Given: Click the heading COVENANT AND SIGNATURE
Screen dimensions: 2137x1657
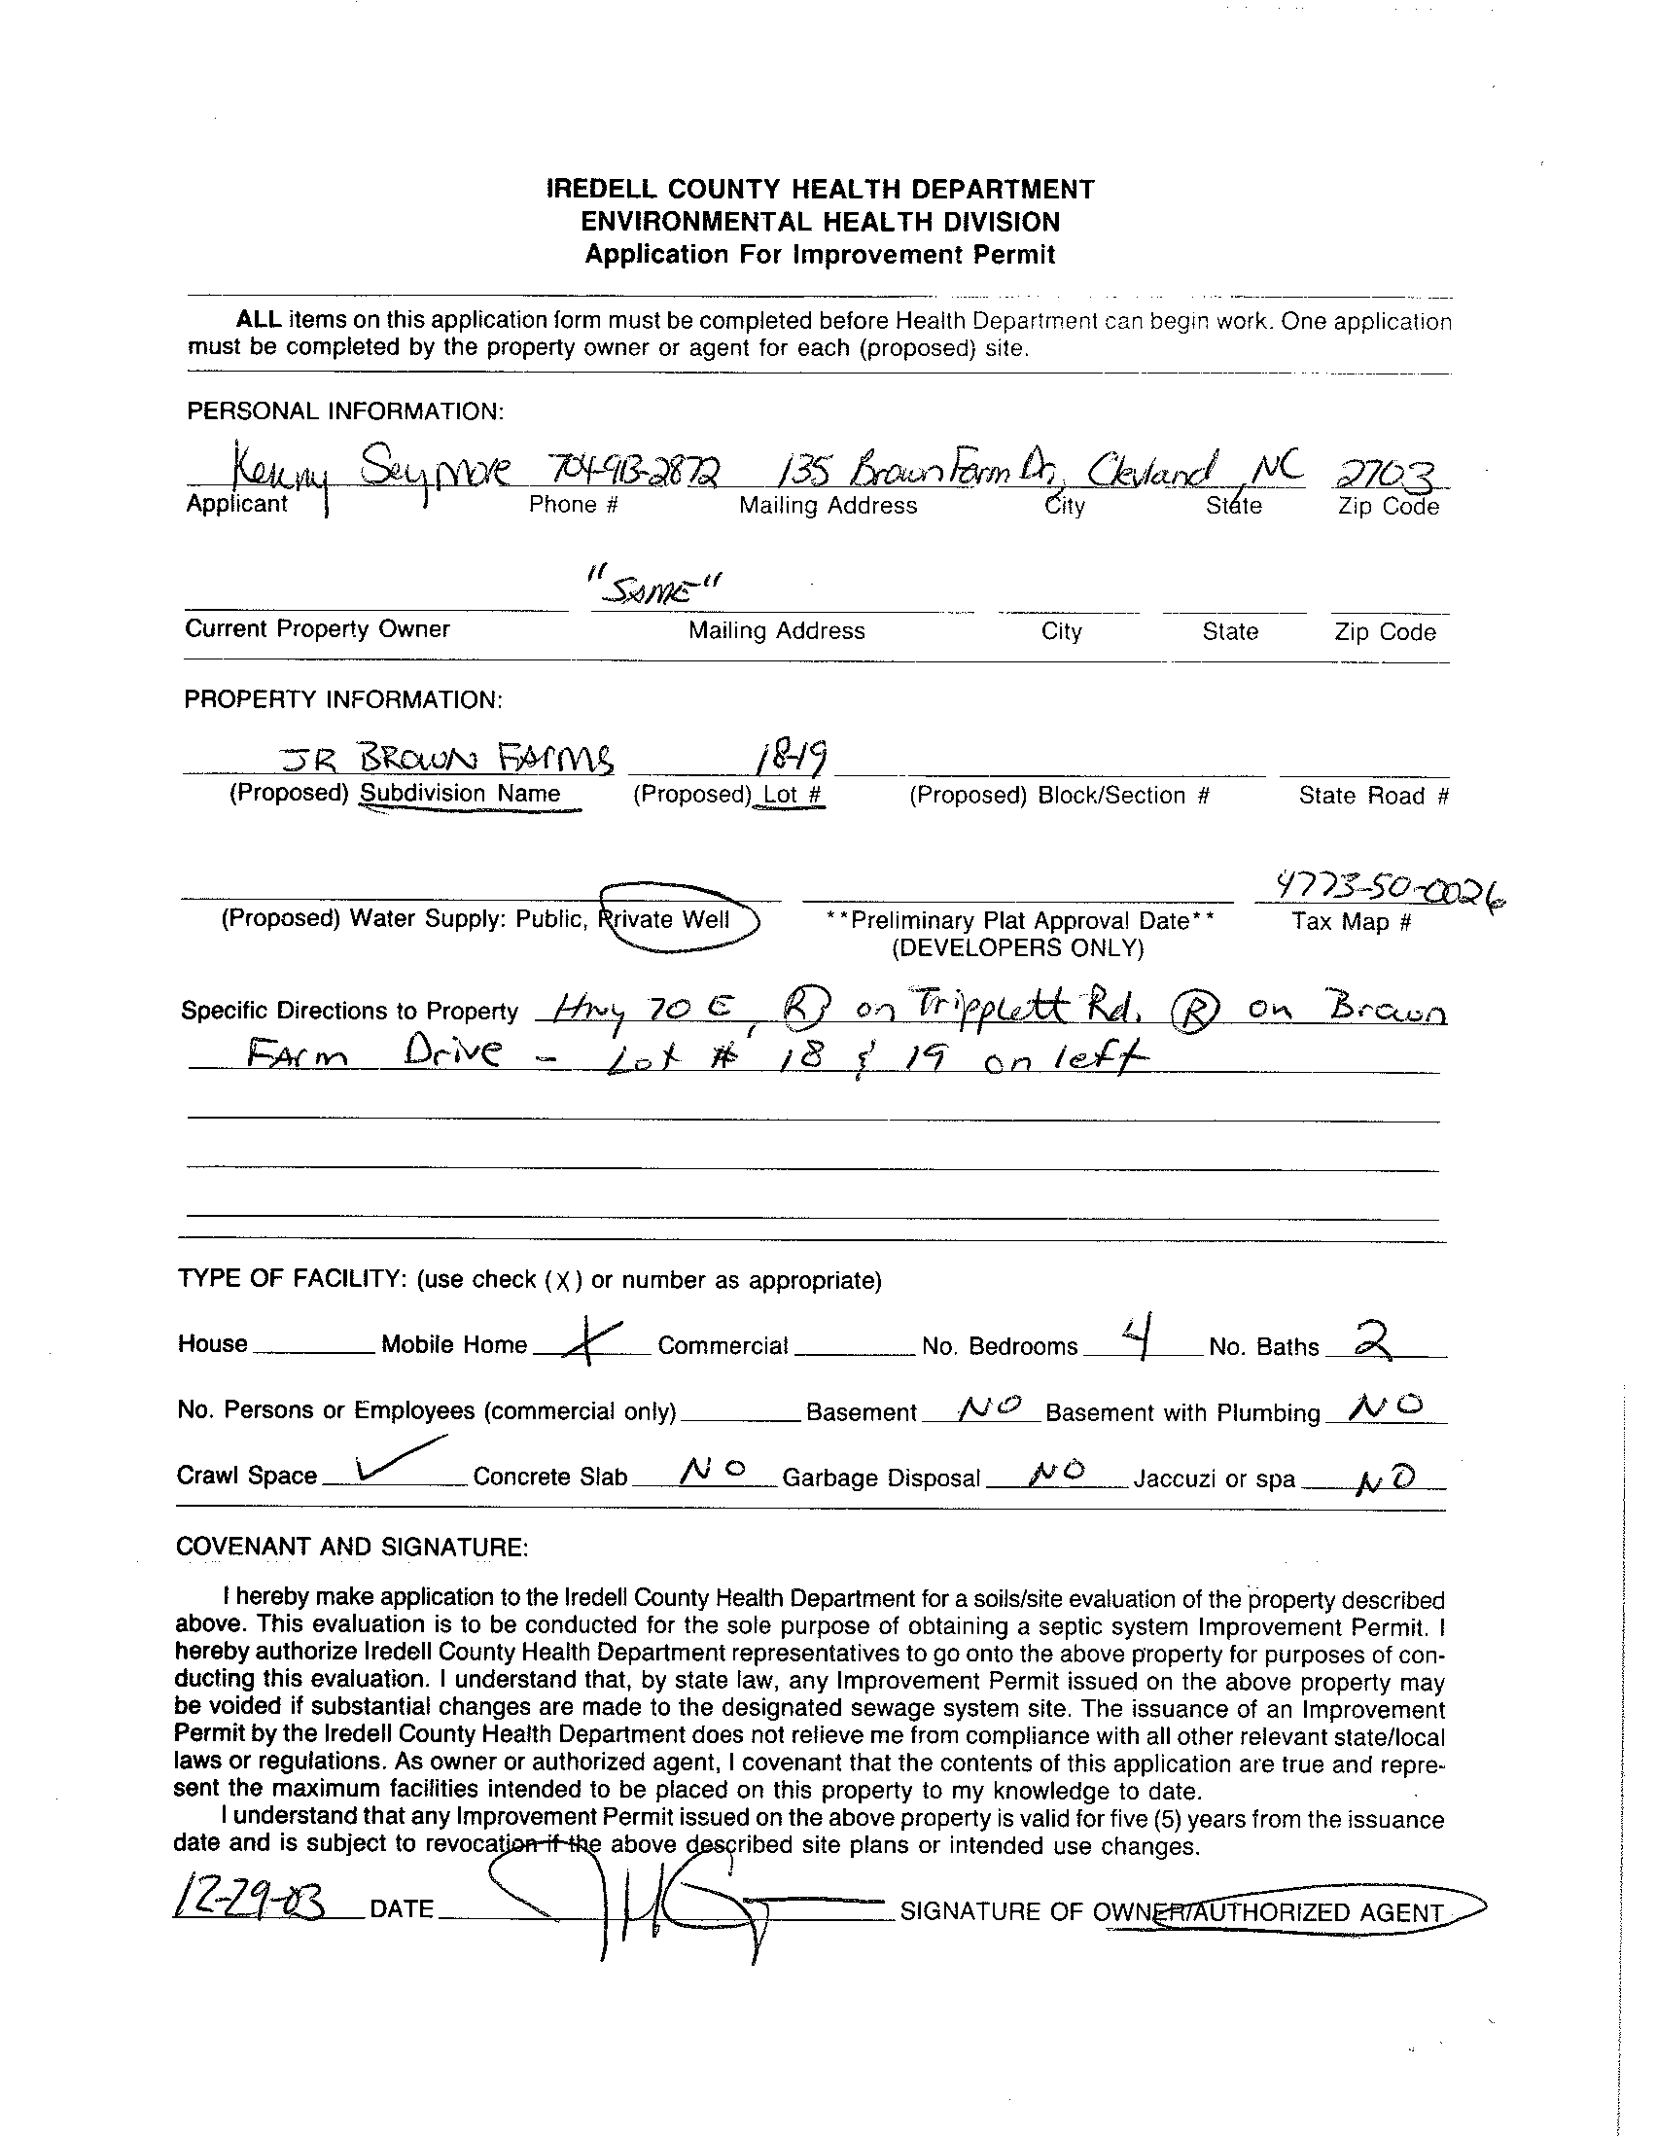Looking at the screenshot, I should [x=352, y=1546].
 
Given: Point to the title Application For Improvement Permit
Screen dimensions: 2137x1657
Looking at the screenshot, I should [x=820, y=255].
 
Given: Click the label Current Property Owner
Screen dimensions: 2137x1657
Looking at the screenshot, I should [x=317, y=628].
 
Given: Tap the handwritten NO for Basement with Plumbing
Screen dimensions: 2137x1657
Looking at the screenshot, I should [x=1383, y=1407].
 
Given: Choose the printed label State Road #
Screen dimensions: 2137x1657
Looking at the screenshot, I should [x=1372, y=796].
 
